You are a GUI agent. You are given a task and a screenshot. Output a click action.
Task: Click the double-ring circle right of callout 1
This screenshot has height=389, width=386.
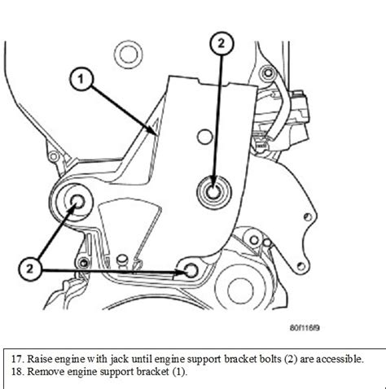(126, 56)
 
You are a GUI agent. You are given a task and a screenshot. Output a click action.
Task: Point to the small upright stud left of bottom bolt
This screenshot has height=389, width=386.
(121, 261)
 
